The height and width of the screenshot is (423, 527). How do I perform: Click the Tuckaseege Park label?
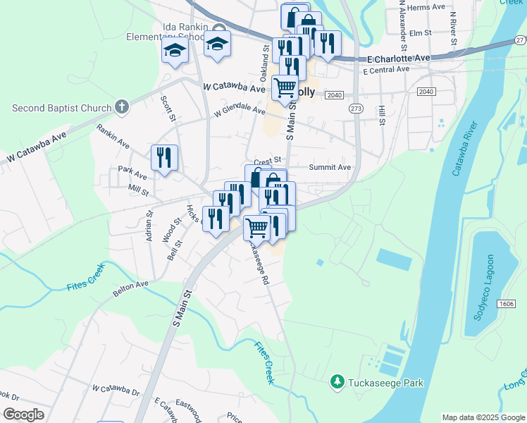click(387, 383)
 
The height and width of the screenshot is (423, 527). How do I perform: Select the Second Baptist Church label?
click(62, 108)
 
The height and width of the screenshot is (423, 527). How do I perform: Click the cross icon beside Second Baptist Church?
click(122, 107)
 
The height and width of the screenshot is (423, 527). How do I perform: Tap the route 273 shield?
click(356, 109)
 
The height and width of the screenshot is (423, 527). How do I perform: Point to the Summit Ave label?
click(330, 167)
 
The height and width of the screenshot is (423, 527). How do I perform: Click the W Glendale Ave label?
click(240, 111)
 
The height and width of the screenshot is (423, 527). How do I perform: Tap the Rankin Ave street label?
click(113, 136)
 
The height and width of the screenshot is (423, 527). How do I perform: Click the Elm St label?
click(420, 32)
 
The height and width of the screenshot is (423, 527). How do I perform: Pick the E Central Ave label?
click(386, 70)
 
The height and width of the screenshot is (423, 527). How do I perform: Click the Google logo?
click(24, 415)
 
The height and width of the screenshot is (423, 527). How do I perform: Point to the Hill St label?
click(381, 114)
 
